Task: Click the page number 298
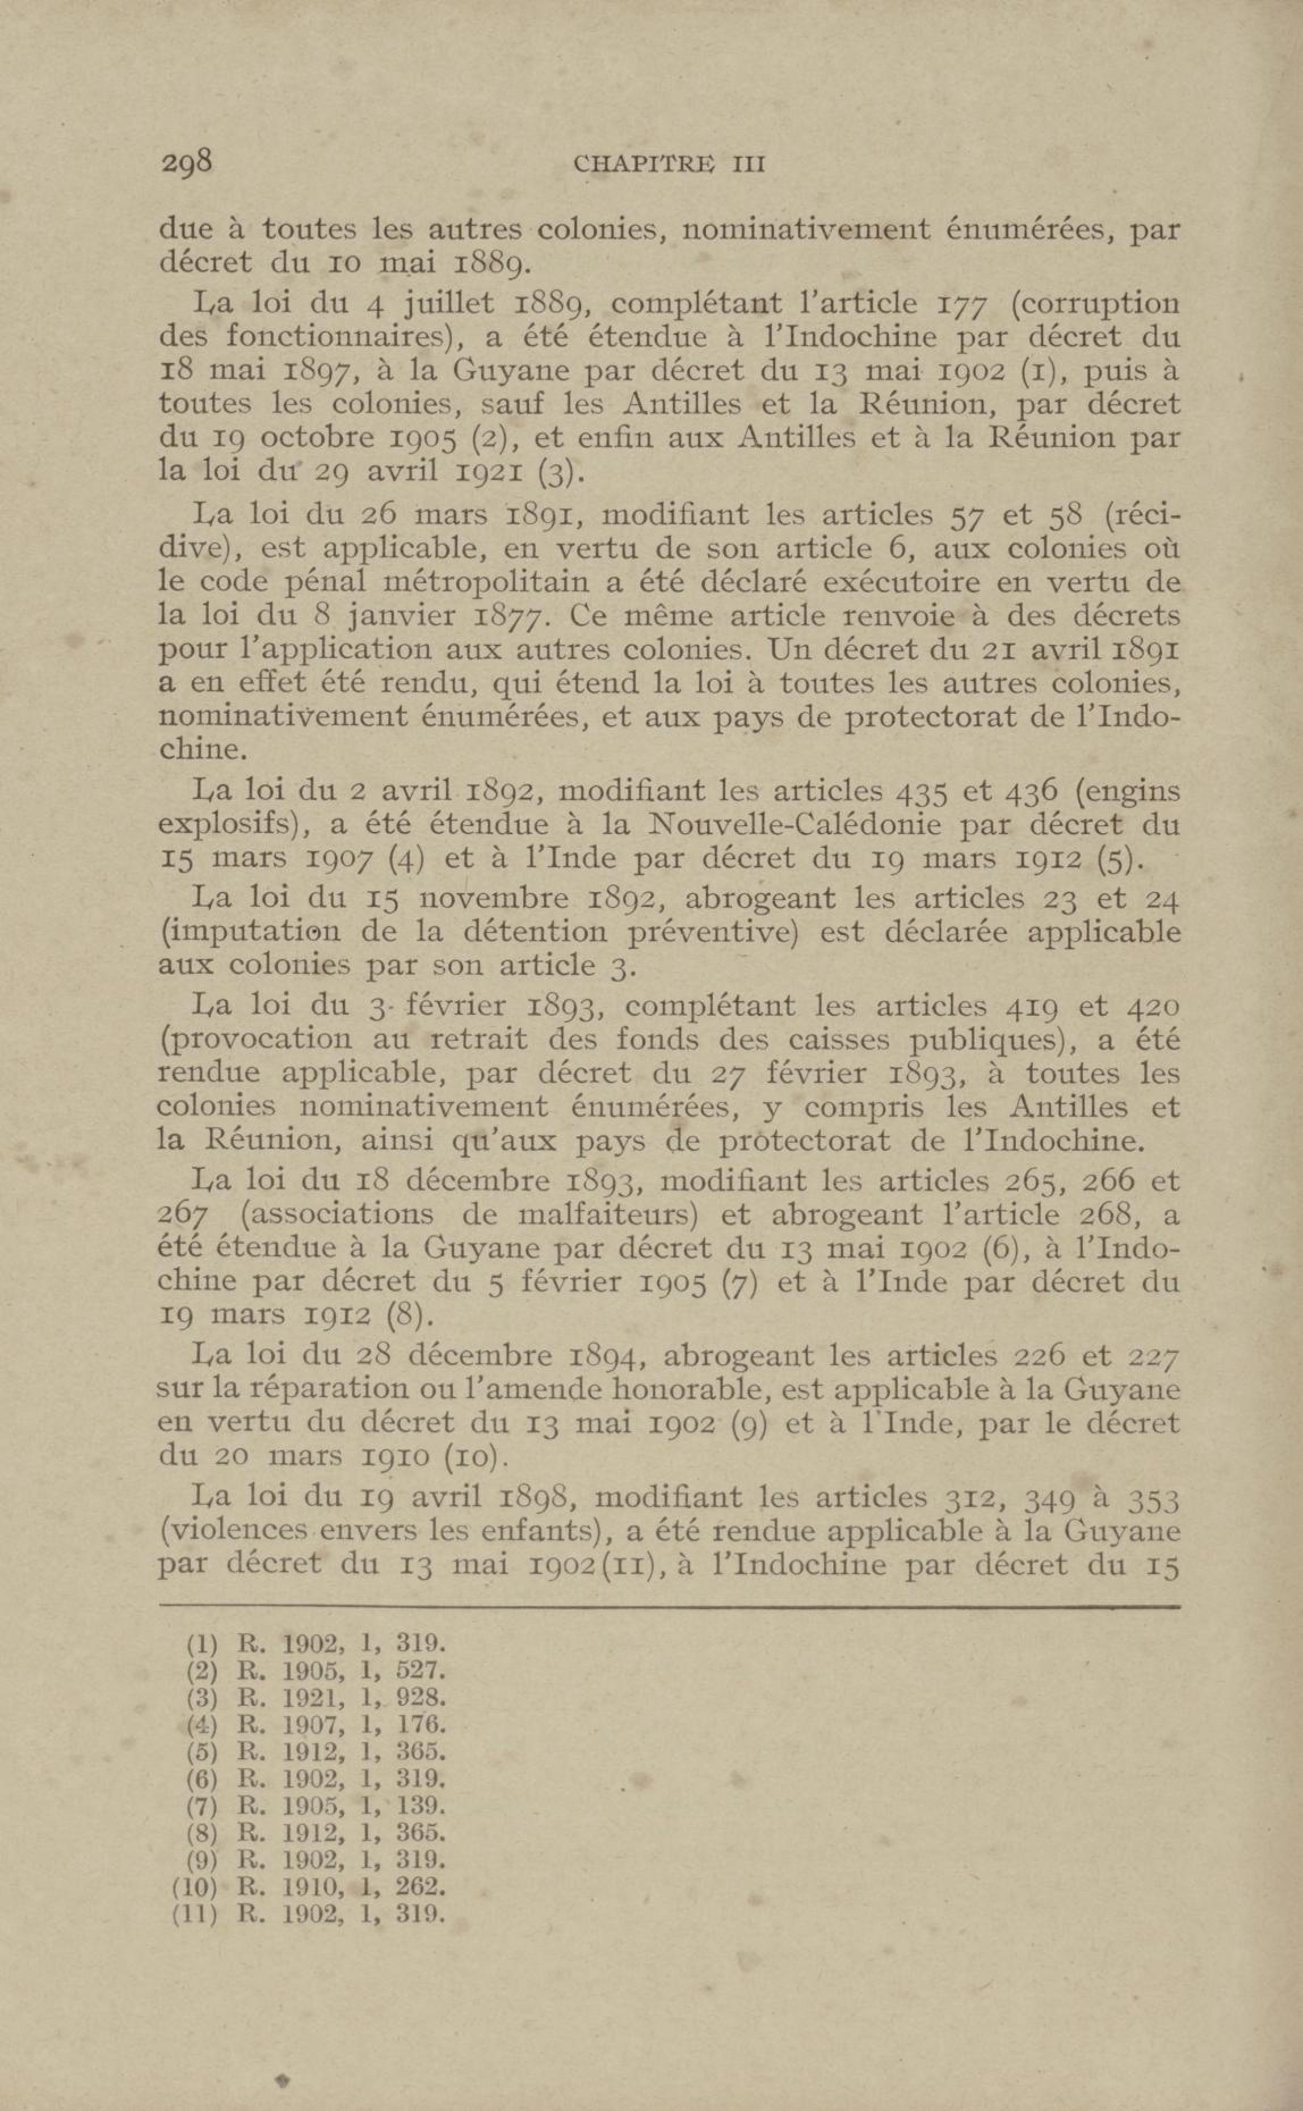[186, 162]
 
